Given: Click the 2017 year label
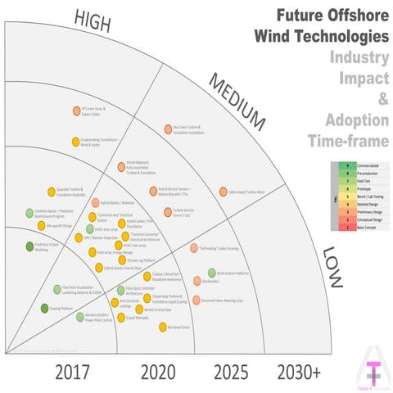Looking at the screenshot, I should coord(79,373).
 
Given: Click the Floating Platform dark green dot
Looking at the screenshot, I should coord(44,308).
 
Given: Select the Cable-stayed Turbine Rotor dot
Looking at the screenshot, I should coord(223,192).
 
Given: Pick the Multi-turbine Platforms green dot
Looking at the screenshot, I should coord(212,273).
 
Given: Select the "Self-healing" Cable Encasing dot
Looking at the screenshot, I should coord(194,247).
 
